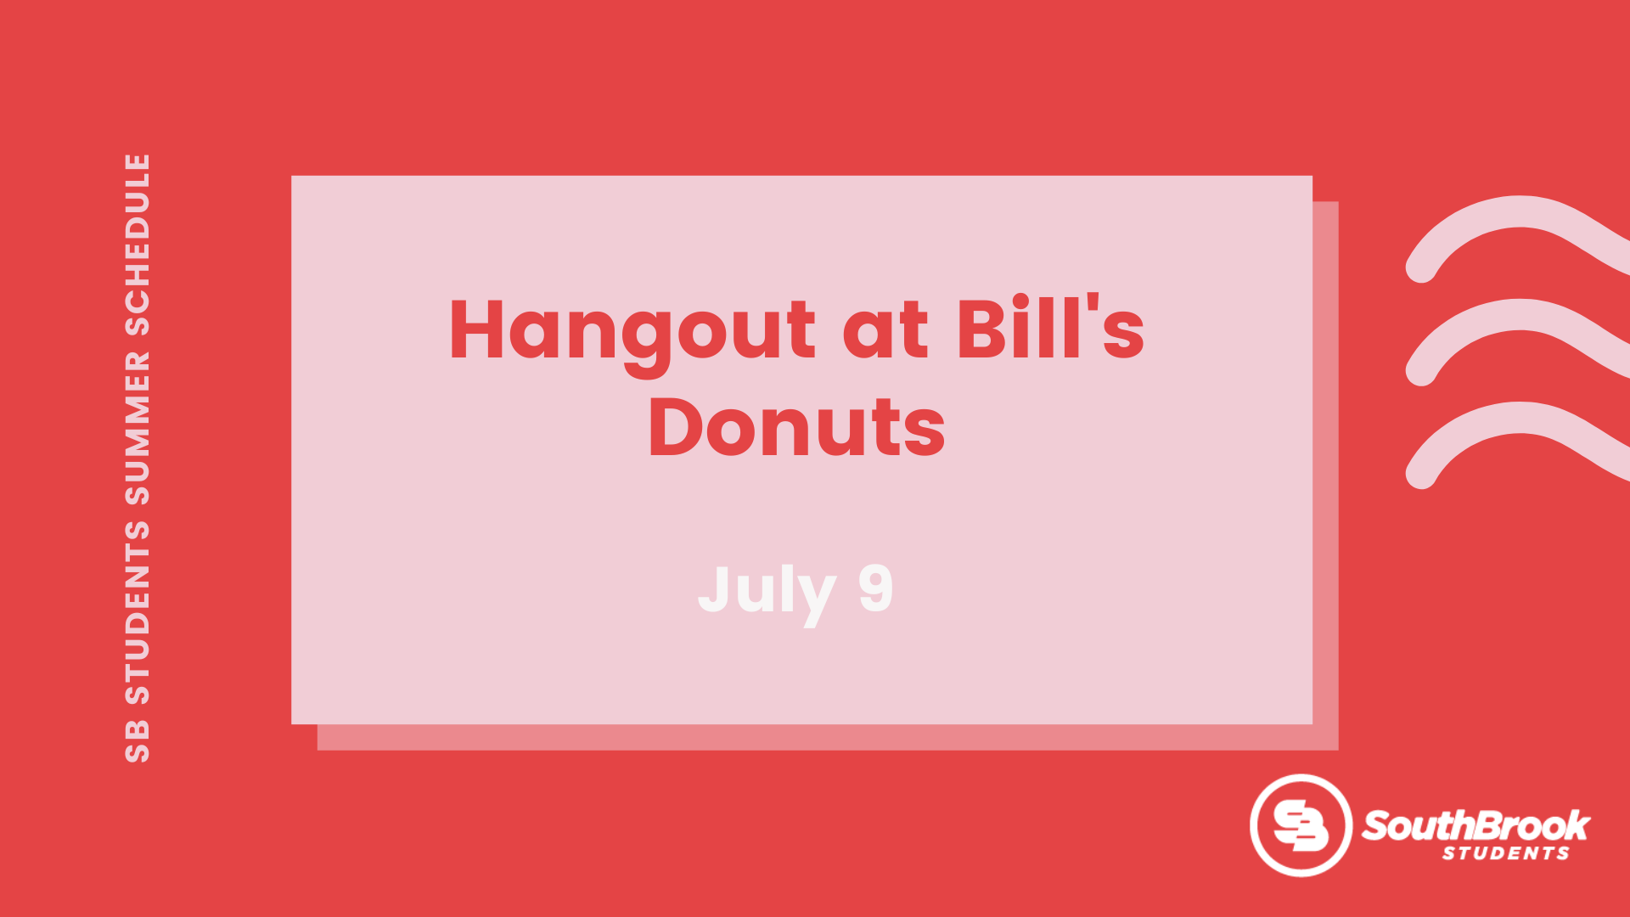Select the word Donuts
[797, 426]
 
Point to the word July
[767, 593]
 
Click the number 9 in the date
[876, 588]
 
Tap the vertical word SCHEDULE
[138, 245]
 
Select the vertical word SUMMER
[138, 429]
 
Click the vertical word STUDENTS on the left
[138, 612]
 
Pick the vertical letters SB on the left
[138, 741]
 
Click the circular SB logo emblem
[1301, 825]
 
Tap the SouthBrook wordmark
[1475, 825]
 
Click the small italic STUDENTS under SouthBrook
[1506, 853]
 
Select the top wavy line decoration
[1520, 211]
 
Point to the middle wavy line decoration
[1520, 314]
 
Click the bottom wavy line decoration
[1520, 418]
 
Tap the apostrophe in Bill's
[1093, 304]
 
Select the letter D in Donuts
[676, 427]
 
